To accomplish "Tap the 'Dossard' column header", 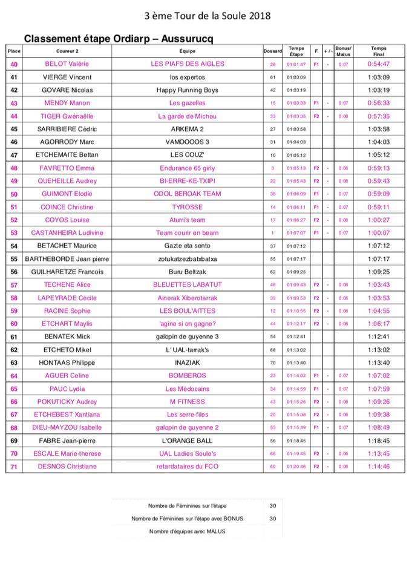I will [x=273, y=51].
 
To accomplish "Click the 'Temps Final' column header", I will [x=378, y=51].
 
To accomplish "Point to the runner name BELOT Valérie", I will [x=67, y=64].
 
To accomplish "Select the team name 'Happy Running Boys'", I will [x=187, y=90].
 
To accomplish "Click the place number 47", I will [x=14, y=155].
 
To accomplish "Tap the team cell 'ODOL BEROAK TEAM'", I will [x=187, y=194].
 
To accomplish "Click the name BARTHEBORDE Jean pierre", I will [x=67, y=259].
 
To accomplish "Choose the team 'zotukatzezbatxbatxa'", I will [x=187, y=259].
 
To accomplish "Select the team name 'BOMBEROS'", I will [x=187, y=376].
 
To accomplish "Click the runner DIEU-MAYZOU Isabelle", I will [x=67, y=428].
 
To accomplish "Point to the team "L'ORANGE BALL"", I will [x=187, y=441].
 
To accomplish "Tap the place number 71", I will [x=14, y=467].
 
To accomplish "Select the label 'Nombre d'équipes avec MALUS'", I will [x=187, y=531].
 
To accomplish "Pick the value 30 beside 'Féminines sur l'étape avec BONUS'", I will [x=273, y=519].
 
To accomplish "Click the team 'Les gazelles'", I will [x=187, y=103].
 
